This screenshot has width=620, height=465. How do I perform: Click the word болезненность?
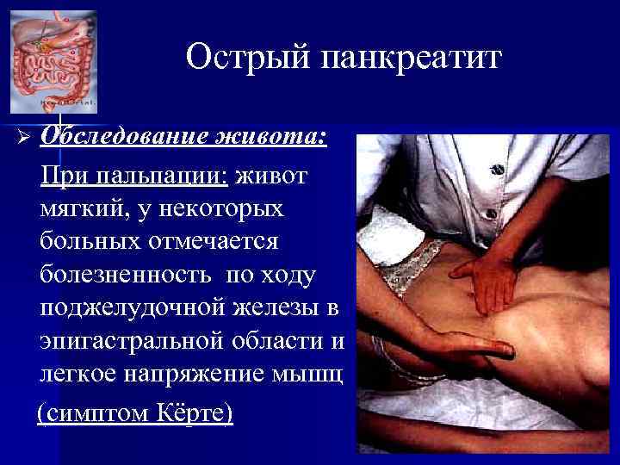coord(128,276)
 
